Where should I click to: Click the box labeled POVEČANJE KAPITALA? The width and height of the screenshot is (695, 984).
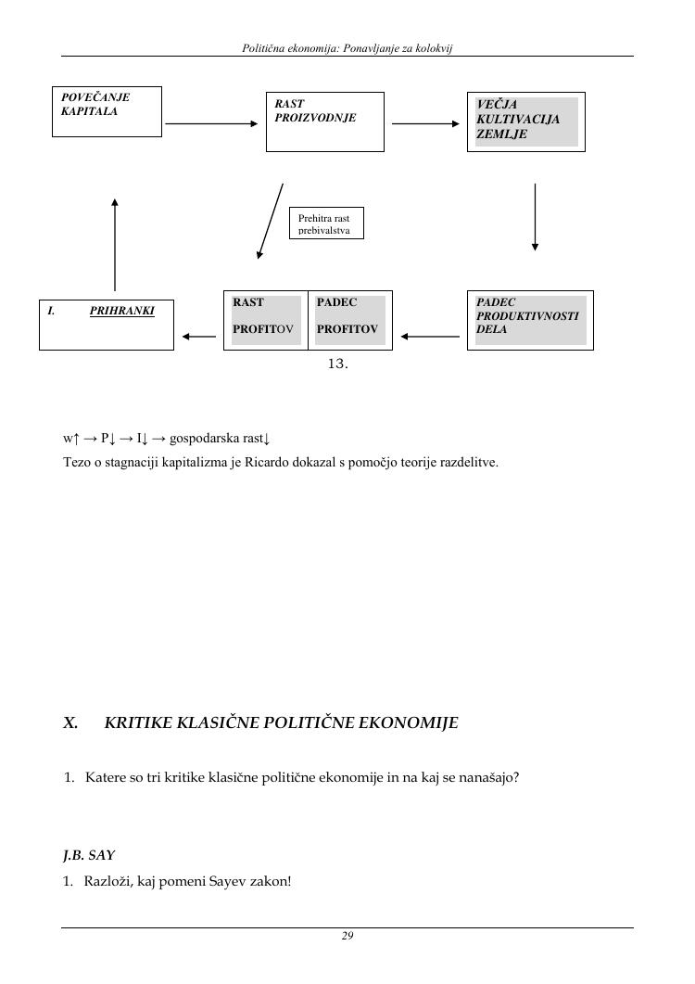pos(107,111)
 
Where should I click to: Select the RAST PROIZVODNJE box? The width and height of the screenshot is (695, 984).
pos(324,121)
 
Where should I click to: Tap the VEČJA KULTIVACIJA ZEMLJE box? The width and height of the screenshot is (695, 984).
pos(526,121)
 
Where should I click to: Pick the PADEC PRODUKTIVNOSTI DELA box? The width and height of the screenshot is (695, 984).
pos(530,320)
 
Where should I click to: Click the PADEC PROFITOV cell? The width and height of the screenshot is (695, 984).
pos(349,320)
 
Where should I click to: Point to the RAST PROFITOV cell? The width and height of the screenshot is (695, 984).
pos(266,320)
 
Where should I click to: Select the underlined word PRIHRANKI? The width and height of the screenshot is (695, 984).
pos(121,312)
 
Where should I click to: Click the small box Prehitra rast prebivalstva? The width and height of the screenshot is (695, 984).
pos(326,224)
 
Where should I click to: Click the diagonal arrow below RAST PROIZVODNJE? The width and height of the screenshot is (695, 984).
pos(271,221)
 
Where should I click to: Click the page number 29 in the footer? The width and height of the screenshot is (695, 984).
pos(347,937)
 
